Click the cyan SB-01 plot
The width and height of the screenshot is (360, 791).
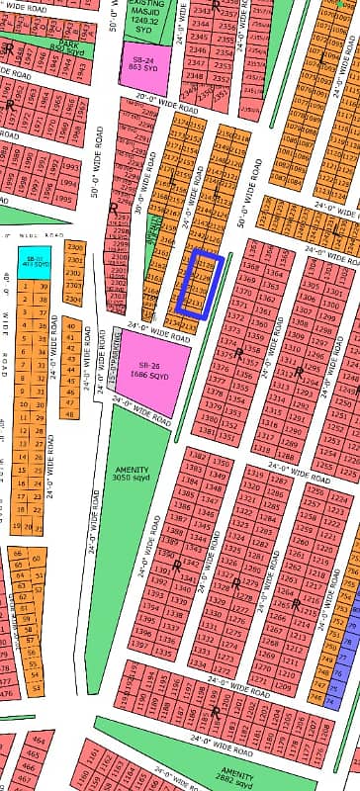(x=34, y=263)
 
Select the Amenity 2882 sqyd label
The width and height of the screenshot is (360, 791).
(x=237, y=771)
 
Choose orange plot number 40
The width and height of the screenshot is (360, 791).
(x=70, y=324)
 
